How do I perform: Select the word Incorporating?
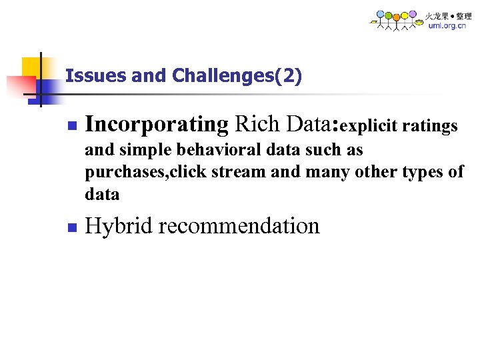tap(157, 125)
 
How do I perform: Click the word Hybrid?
tap(119, 226)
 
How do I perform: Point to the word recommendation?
tap(239, 226)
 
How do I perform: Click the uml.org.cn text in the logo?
tap(447, 26)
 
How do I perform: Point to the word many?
tap(323, 173)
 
